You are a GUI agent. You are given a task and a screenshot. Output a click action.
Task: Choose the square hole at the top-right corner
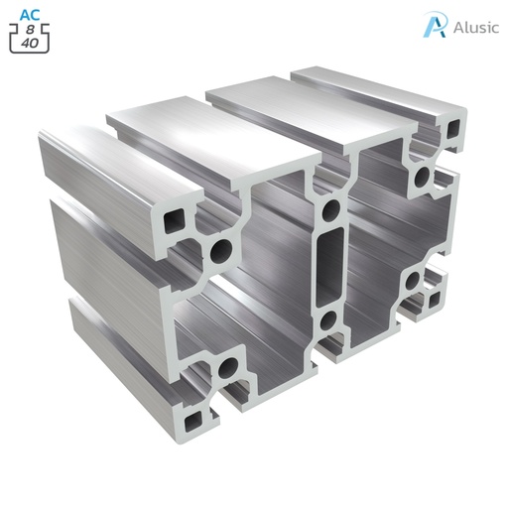(x=452, y=130)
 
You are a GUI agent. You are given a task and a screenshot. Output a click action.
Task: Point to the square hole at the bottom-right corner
(x=435, y=295)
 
